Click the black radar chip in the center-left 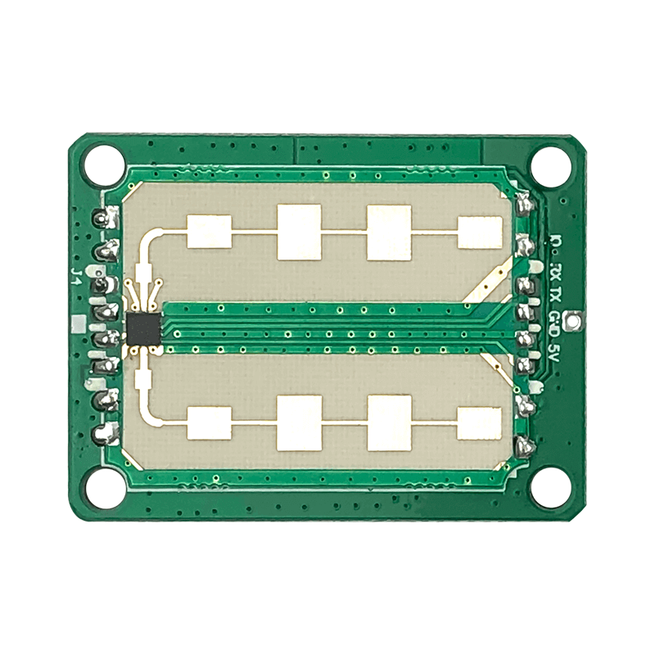pos(143,327)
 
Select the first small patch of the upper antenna pos(210,231)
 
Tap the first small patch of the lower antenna pos(210,423)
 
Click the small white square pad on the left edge pos(78,325)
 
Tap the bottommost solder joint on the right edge pos(524,446)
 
